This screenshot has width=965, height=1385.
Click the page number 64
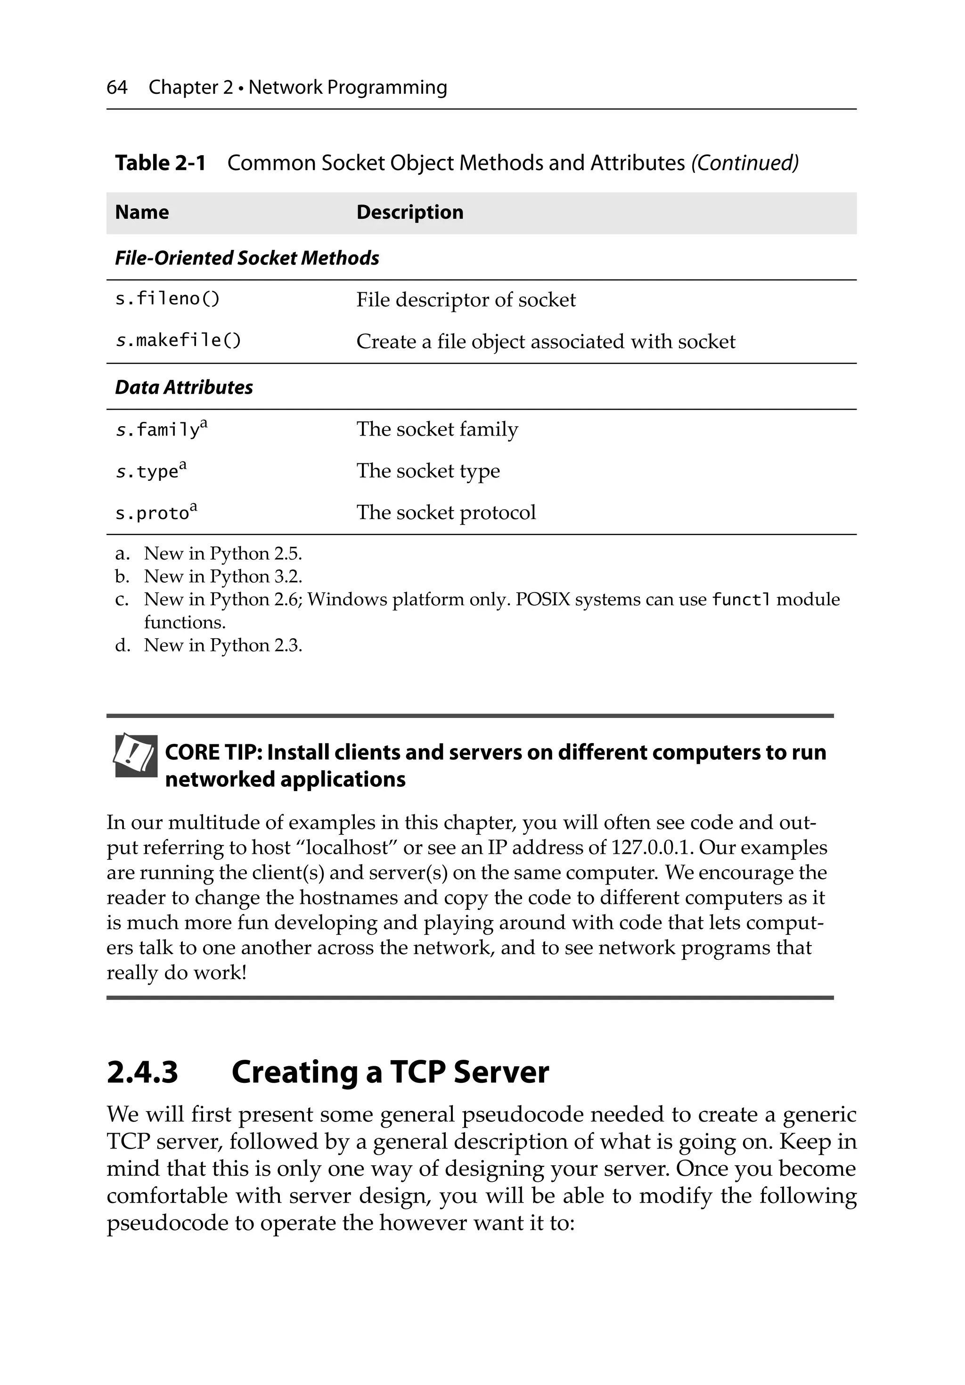point(116,88)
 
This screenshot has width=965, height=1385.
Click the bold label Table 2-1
point(160,163)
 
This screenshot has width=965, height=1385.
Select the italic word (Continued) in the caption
point(744,163)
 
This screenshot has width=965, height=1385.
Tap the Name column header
point(142,212)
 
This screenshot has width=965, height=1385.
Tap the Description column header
point(409,212)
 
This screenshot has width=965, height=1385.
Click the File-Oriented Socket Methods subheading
point(247,258)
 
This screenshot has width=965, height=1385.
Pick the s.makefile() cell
point(178,341)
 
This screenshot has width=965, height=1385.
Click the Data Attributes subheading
point(184,387)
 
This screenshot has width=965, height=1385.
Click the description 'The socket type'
point(428,470)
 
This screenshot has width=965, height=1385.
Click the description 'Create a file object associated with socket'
point(545,341)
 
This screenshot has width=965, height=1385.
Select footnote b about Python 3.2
point(222,577)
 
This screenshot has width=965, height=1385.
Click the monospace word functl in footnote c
point(741,600)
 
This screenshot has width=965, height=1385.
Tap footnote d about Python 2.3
point(222,645)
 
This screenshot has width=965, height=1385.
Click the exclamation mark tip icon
point(136,755)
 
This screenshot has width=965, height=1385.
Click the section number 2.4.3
point(142,1072)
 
